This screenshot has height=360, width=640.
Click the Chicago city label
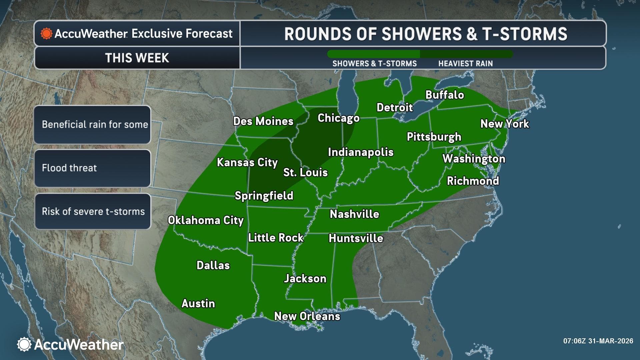338,118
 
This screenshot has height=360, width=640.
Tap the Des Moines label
263,121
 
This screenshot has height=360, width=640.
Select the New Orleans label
307,316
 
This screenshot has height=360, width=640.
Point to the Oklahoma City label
206,220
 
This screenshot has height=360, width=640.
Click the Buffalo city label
445,95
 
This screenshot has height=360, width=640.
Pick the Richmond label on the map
473,181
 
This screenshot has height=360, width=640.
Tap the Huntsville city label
356,238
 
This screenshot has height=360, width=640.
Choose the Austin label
198,303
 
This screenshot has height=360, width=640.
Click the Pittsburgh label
434,137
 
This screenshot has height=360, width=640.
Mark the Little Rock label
276,238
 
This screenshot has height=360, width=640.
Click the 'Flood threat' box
92,168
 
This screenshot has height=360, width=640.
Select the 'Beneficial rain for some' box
92,125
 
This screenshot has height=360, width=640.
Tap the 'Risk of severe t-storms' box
92,211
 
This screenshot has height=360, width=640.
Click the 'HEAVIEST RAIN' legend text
465,64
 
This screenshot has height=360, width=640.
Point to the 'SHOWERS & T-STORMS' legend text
374,64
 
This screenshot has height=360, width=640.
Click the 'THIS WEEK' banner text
137,58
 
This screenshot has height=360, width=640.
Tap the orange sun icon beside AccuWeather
46,34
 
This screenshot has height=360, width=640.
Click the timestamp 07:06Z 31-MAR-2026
598,341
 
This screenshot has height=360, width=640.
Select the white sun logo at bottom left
24,344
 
